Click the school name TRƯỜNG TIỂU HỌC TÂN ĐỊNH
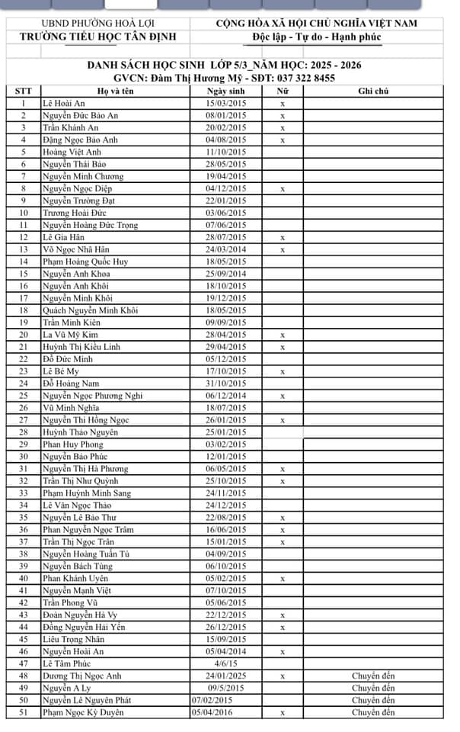coord(97,37)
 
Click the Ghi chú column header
coord(373,91)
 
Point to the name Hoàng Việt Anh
coord(72,152)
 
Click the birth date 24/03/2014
coord(227,249)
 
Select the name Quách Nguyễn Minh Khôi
coord(90,310)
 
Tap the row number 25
coord(24,396)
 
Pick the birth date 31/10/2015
coord(227,384)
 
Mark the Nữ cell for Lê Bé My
coord(283,371)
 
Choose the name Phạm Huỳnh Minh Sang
coord(87,493)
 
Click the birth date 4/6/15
coord(227,664)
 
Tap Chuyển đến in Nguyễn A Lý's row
coord(373,689)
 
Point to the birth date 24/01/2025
coord(227,676)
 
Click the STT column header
coord(24,91)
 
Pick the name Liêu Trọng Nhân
coord(74,640)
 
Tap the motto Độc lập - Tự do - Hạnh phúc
coord(316,37)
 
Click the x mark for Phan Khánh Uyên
coord(283,579)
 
